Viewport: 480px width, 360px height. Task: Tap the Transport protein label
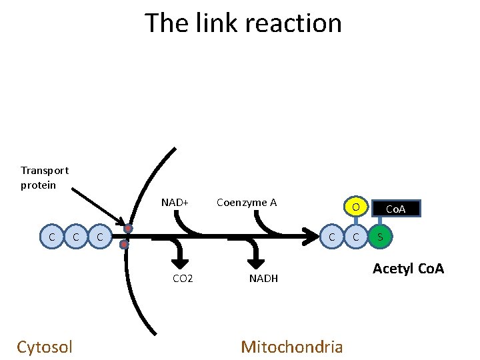click(44, 177)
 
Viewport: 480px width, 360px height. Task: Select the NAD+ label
click(175, 202)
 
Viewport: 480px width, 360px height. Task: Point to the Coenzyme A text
click(247, 202)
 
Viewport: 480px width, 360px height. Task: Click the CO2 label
click(183, 278)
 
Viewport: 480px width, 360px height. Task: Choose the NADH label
click(263, 278)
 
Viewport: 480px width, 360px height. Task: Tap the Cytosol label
click(45, 347)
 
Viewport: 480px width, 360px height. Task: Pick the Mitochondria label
click(292, 347)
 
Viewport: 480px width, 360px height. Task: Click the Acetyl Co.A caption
click(408, 269)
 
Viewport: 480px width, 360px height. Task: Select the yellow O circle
click(357, 207)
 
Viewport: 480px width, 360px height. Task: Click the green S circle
click(381, 237)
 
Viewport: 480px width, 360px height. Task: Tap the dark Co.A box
click(396, 209)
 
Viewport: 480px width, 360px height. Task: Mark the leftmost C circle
click(52, 237)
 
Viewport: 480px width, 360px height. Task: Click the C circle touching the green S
click(357, 237)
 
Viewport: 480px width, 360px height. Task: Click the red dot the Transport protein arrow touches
click(127, 229)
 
